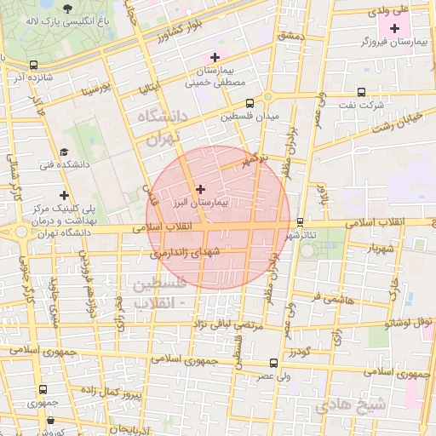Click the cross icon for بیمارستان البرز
point(200,189)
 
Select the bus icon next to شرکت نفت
point(361,92)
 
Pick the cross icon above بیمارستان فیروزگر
point(393,29)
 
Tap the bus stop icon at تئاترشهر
point(300,223)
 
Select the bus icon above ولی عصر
point(273,363)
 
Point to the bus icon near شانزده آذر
point(32,65)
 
